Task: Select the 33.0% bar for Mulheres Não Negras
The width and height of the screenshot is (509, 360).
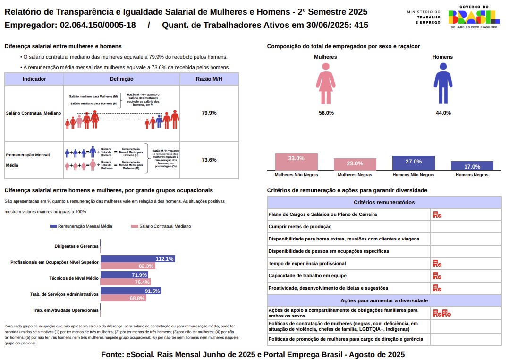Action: click(x=296, y=162)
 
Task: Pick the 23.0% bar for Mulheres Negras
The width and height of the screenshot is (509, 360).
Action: click(x=355, y=164)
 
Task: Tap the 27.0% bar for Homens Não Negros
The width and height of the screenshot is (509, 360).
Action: click(x=413, y=163)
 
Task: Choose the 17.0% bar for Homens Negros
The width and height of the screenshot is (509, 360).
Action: click(x=472, y=166)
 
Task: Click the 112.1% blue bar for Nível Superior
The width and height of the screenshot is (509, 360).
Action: click(x=137, y=259)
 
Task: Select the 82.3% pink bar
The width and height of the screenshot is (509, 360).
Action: click(x=127, y=266)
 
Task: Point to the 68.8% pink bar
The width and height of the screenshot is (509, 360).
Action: click(x=123, y=298)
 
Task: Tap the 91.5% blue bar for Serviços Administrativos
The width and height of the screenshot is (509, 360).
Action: click(x=131, y=291)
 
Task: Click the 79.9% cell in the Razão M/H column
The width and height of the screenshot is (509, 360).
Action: click(x=209, y=113)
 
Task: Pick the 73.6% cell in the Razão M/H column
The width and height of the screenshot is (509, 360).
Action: click(x=209, y=160)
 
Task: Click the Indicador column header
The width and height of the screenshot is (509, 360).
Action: click(x=34, y=79)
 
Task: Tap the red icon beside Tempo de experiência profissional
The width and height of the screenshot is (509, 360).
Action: click(x=437, y=263)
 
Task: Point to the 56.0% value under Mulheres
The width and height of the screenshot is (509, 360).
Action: click(x=326, y=113)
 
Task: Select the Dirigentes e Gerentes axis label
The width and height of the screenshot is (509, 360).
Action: click(x=76, y=246)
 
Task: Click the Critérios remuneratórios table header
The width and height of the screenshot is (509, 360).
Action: click(x=384, y=202)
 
